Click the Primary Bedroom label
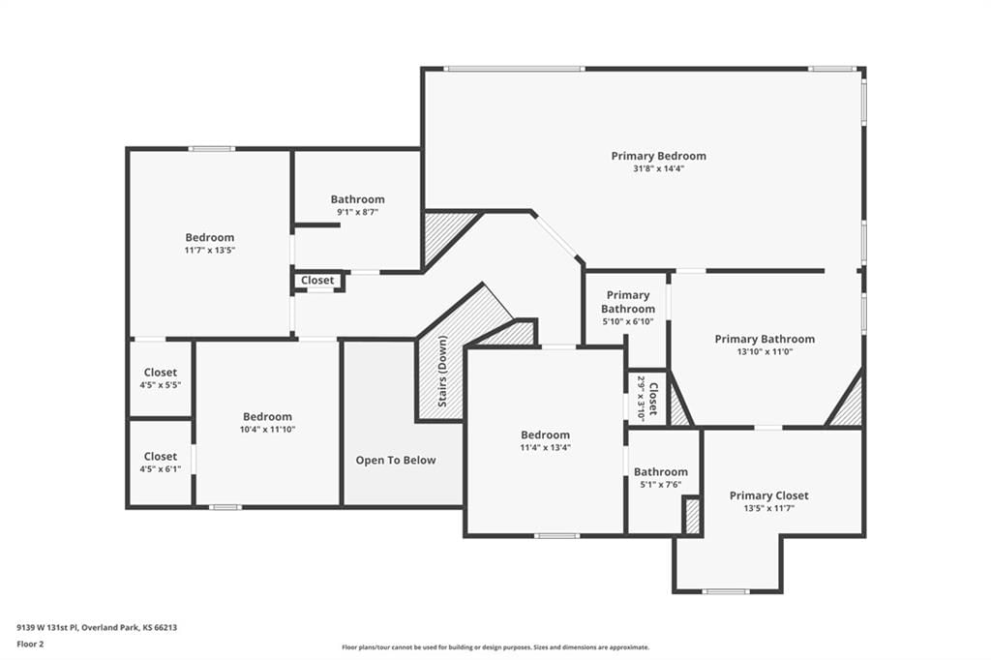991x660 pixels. point(658,156)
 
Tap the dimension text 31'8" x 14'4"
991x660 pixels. point(658,168)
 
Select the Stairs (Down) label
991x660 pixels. point(442,371)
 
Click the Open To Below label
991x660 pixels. point(396,461)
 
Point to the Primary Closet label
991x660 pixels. point(768,495)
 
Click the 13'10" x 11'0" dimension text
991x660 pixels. point(765,352)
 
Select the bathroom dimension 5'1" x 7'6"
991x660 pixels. point(660,485)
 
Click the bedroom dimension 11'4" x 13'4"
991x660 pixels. point(546,448)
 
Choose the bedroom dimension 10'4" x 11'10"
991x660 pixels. point(267,430)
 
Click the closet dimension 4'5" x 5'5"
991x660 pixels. point(161,385)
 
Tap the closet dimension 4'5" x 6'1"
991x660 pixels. point(161,469)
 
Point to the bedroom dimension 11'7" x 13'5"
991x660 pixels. point(210,251)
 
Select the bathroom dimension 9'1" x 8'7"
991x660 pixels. point(358,212)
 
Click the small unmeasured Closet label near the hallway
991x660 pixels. point(317,280)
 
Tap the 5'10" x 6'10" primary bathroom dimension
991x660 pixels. point(628,322)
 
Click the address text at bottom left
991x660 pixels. point(97,628)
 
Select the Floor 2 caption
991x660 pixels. point(30,645)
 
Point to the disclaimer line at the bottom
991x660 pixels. point(495,647)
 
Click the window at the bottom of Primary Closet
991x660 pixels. point(726,591)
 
